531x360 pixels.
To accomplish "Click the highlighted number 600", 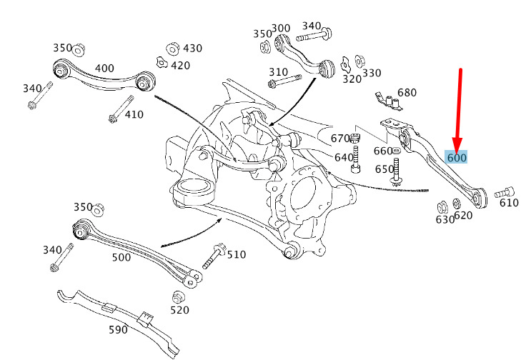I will tap(456, 158).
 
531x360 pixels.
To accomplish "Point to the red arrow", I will tap(459, 107).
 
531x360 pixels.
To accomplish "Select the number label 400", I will tap(104, 69).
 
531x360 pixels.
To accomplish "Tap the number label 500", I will tap(121, 257).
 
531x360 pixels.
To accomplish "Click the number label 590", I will tap(118, 329).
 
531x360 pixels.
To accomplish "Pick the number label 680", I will tap(407, 93).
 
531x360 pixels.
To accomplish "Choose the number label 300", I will tap(281, 29).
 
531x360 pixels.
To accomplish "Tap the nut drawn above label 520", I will tap(179, 296).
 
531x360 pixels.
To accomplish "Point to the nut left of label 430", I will tap(172, 49).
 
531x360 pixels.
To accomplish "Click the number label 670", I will tap(340, 139).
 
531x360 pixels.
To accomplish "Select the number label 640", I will tap(344, 157).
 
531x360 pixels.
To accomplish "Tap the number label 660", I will tap(383, 151).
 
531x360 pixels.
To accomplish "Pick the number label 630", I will tap(445, 219).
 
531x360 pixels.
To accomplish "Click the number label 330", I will tap(372, 73).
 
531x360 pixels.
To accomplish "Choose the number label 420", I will tap(180, 66).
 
